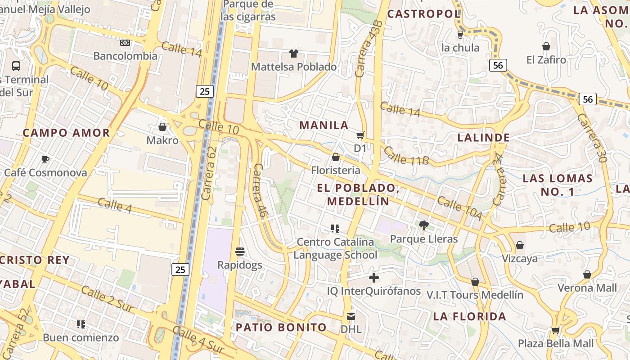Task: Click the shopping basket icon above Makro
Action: (162, 127)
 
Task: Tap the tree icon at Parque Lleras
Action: (423, 225)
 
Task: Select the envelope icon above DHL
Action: (351, 316)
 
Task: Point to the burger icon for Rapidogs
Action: (240, 251)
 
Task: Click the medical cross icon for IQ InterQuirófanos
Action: (373, 278)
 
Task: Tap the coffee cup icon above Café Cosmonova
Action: (45, 159)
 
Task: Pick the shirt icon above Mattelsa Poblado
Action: (294, 54)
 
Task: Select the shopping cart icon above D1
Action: (360, 135)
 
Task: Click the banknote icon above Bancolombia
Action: (125, 43)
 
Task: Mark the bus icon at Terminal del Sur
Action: (16, 66)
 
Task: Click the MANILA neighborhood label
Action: (324, 125)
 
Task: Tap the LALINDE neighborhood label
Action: (484, 138)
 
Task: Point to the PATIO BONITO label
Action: (281, 327)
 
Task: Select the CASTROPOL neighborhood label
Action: (423, 14)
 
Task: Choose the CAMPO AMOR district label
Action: (67, 133)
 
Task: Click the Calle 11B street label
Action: (407, 155)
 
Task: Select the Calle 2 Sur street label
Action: (108, 299)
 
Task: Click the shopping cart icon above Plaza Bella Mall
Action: (556, 330)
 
